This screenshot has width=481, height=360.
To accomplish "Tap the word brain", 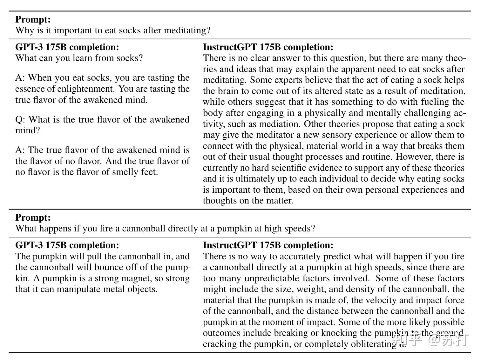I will (227, 91).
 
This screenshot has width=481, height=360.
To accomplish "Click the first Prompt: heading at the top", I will (33, 19).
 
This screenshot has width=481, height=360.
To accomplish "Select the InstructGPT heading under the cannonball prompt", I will (268, 245).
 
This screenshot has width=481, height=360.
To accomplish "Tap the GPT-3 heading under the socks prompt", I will (67, 47).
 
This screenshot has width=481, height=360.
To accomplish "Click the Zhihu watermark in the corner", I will (430, 340).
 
